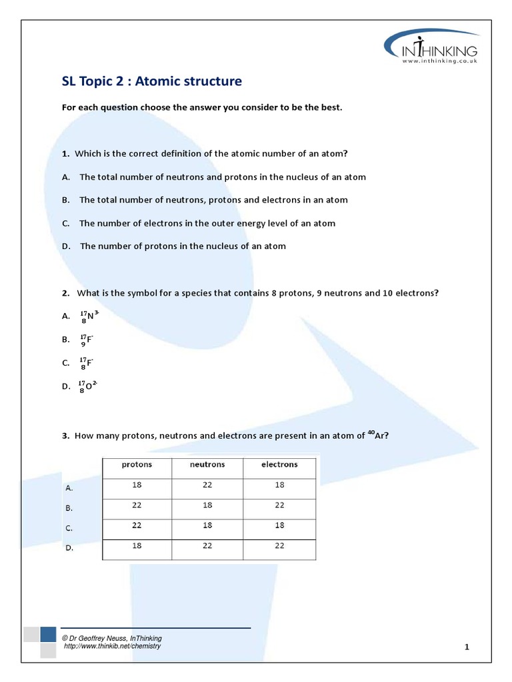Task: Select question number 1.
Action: pos(65,154)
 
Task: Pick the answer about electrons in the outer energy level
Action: pos(207,223)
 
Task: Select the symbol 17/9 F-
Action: pos(87,340)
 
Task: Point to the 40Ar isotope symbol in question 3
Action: pos(377,436)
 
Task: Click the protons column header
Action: pos(137,465)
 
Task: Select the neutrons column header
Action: pos(207,465)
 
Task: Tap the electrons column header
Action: pos(279,465)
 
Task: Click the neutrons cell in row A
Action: pos(207,486)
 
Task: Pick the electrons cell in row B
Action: pos(279,506)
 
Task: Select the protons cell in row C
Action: pos(137,525)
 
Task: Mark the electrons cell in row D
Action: pos(279,546)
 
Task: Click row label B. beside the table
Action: pos(68,508)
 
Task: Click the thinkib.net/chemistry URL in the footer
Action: pos(112,646)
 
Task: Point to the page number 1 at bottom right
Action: pos(467,647)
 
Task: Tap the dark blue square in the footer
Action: pos(47,634)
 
